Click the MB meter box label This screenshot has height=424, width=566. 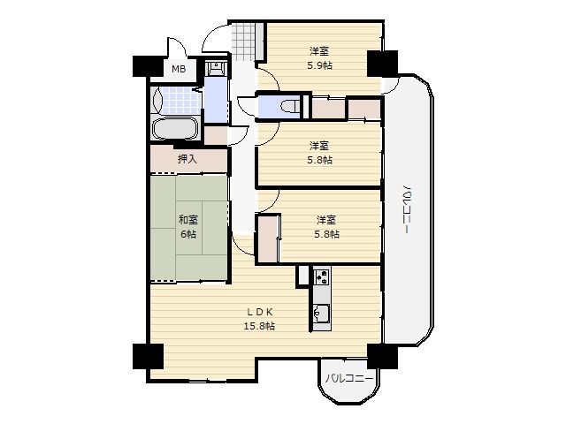(179, 69)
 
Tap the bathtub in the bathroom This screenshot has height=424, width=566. (175, 129)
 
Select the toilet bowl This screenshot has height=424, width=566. (290, 106)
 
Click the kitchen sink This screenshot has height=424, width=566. (321, 312)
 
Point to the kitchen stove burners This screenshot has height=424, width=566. (322, 276)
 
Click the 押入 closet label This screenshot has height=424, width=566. (187, 159)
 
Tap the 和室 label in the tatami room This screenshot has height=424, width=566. (188, 219)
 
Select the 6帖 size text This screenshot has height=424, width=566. (188, 234)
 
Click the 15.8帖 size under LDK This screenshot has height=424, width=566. (259, 326)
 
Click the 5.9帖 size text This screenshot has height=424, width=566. (319, 65)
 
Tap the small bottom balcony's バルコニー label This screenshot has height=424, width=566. (348, 378)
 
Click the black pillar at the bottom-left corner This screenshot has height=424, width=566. (148, 356)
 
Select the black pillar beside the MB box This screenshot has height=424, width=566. (148, 66)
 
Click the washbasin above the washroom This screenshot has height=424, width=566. (216, 68)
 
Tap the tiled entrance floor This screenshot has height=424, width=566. (243, 42)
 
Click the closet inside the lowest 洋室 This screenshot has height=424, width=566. (269, 238)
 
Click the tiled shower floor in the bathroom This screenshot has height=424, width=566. (180, 101)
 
